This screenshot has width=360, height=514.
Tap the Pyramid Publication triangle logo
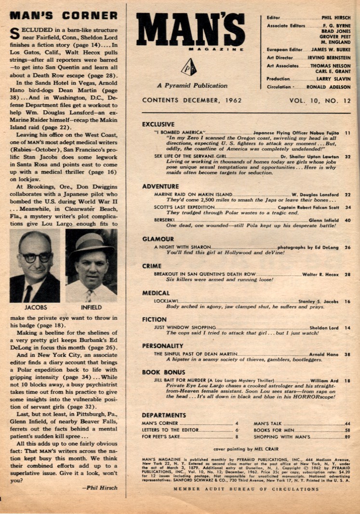188,67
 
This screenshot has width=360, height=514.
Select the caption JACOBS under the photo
34,307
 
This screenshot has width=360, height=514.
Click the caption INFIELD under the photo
90,307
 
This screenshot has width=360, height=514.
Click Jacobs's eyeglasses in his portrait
34,257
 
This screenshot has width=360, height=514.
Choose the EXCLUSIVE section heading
158,124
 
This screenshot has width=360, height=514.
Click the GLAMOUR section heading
158,239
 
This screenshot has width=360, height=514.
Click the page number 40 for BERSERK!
347,220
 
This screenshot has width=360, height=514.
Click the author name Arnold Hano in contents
323,353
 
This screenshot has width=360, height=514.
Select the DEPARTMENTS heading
164,415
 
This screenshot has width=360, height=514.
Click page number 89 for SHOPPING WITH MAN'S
347,436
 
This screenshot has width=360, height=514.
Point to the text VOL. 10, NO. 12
320,101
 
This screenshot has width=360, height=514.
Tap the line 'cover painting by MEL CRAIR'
246,448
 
